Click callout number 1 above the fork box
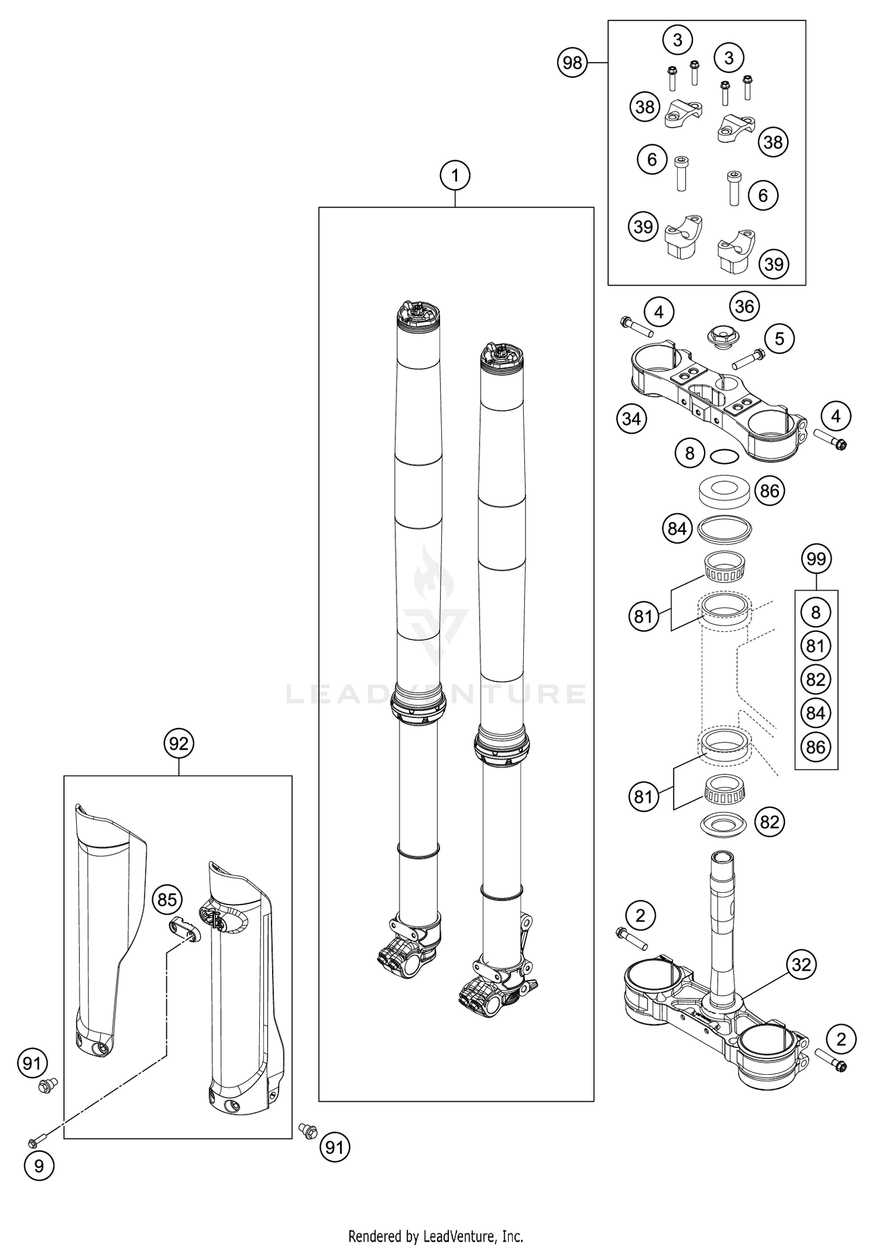[x=455, y=176]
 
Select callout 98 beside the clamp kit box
[x=573, y=62]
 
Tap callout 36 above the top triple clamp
[x=745, y=306]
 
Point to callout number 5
[x=779, y=338]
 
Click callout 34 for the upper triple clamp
[x=632, y=418]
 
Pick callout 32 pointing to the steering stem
[x=801, y=964]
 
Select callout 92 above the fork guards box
[x=178, y=743]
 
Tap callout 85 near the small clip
[x=167, y=900]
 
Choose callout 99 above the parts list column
[x=816, y=559]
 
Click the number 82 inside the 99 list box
[x=816, y=680]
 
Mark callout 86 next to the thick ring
[x=769, y=491]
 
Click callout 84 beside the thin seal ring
[x=677, y=529]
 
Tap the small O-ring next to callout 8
[x=725, y=457]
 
